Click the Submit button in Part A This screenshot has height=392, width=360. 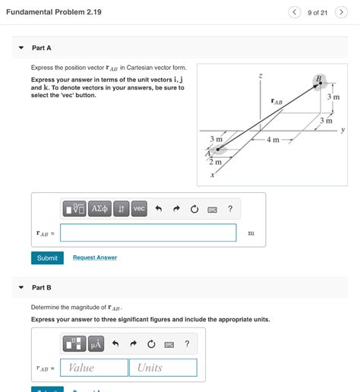pyautogui.click(x=47, y=258)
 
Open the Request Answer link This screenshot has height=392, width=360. pyautogui.click(x=95, y=258)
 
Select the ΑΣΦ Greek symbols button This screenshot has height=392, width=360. pyautogui.click(x=99, y=209)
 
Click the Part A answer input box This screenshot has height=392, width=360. pyautogui.click(x=148, y=232)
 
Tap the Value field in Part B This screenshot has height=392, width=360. pyautogui.click(x=95, y=368)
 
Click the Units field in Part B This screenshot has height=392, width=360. pyautogui.click(x=163, y=368)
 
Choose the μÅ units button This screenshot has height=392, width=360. pyautogui.click(x=96, y=344)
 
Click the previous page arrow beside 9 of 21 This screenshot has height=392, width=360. pyautogui.click(x=295, y=12)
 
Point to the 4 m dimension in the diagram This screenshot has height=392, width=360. pyautogui.click(x=271, y=140)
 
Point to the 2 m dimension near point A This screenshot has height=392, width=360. pyautogui.click(x=215, y=162)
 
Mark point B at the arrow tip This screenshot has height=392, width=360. pyautogui.click(x=317, y=81)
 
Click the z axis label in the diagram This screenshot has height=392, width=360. pyautogui.click(x=261, y=75)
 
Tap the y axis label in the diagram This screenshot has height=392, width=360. pyautogui.click(x=343, y=130)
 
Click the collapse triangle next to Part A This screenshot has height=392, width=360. pyautogui.click(x=21, y=48)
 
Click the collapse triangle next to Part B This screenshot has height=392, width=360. pyautogui.click(x=21, y=288)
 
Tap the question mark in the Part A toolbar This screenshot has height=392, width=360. pyautogui.click(x=230, y=209)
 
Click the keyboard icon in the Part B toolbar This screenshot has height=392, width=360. pyautogui.click(x=169, y=344)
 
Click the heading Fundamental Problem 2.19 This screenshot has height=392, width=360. pyautogui.click(x=53, y=12)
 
